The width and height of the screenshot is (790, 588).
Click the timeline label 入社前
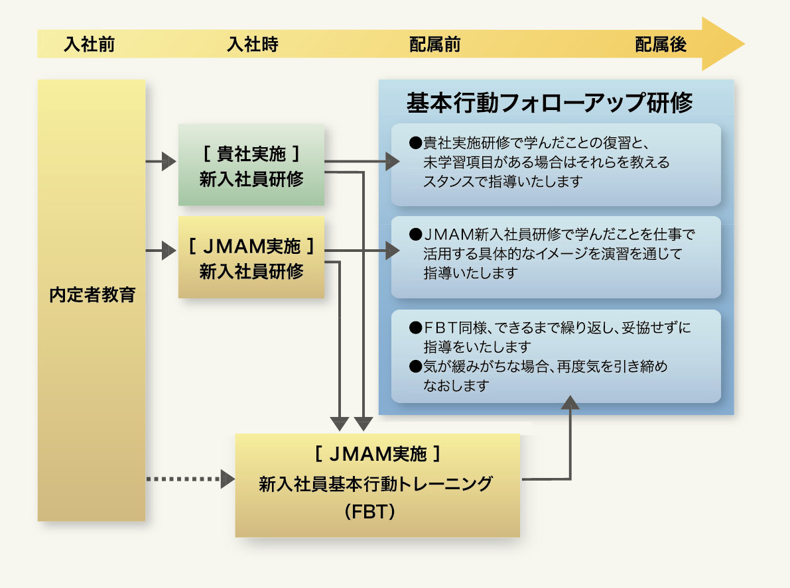pyautogui.click(x=89, y=44)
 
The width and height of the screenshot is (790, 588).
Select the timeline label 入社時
pyautogui.click(x=253, y=44)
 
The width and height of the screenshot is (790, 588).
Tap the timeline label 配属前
pyautogui.click(x=435, y=44)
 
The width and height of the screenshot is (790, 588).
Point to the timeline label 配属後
pyautogui.click(x=661, y=44)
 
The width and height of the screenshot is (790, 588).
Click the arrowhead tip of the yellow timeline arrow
pyautogui.click(x=744, y=44)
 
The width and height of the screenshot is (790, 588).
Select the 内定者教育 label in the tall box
pyautogui.click(x=92, y=294)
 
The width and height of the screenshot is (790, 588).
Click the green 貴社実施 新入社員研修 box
pyautogui.click(x=251, y=164)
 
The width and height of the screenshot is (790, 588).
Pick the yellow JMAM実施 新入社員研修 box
pyautogui.click(x=251, y=257)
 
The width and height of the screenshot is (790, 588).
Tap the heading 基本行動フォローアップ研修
pyautogui.click(x=550, y=102)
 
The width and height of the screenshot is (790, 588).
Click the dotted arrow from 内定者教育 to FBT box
pyautogui.click(x=190, y=479)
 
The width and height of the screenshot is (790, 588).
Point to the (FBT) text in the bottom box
pyautogui.click(x=370, y=512)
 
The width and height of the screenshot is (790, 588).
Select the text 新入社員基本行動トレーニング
pyautogui.click(x=375, y=484)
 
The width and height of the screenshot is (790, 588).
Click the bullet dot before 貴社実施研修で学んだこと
pyautogui.click(x=415, y=143)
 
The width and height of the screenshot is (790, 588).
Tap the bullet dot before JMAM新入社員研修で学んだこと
pyautogui.click(x=415, y=235)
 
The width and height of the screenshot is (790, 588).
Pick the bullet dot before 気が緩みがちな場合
pyautogui.click(x=415, y=367)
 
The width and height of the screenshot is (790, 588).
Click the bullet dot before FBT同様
pyautogui.click(x=415, y=328)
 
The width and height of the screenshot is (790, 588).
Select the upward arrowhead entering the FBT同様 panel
pyautogui.click(x=570, y=402)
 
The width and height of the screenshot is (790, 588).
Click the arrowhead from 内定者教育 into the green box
pyautogui.click(x=168, y=162)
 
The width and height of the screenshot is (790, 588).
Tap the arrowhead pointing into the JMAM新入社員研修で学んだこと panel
pyautogui.click(x=393, y=250)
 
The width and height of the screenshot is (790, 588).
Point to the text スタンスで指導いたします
pyautogui.click(x=503, y=181)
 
